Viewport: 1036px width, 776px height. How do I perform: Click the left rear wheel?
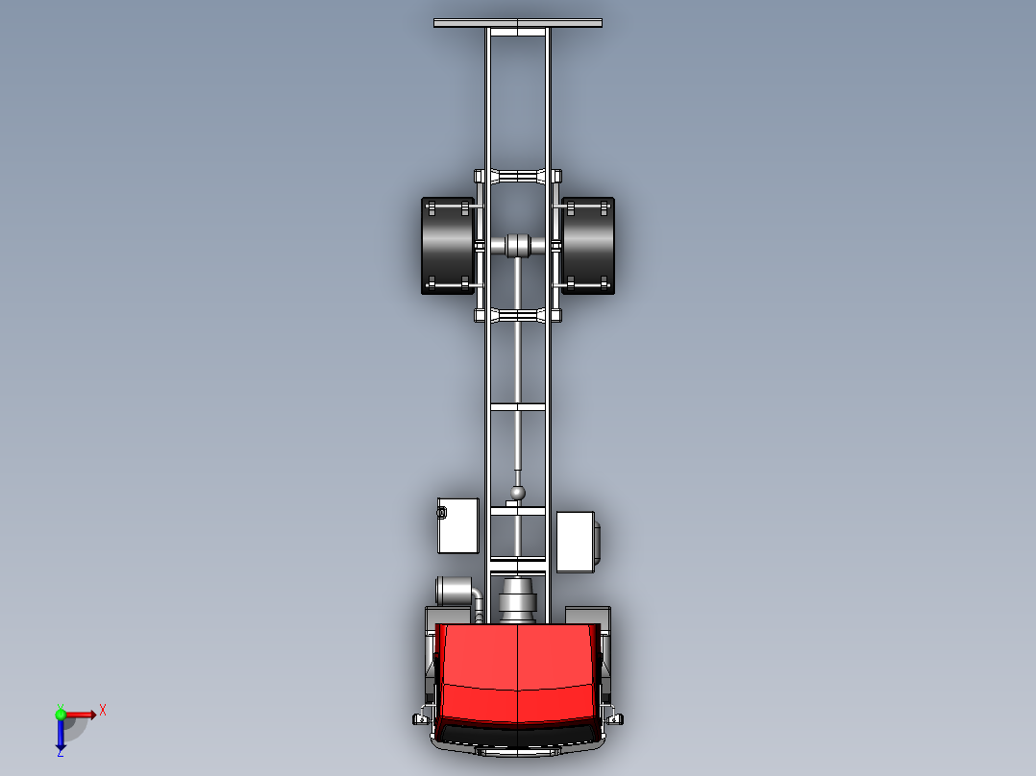447,246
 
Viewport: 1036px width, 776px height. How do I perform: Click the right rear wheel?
588,246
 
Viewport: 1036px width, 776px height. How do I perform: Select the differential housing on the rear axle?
518,245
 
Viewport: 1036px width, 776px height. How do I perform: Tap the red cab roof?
518,672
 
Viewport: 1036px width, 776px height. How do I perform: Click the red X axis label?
103,710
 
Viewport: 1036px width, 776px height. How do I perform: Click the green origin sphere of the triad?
60,714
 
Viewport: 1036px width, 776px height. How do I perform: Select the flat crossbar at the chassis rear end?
518,23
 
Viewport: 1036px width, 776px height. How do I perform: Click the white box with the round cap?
458,525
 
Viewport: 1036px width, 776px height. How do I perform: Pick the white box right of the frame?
575,542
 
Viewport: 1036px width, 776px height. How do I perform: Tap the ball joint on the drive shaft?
518,493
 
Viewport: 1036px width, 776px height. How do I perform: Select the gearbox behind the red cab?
518,599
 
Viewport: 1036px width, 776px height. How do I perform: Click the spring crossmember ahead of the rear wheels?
518,315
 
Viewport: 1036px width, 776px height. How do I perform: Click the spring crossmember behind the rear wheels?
518,176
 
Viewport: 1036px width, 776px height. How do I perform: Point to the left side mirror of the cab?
421,717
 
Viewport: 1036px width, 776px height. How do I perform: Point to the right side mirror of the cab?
616,717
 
